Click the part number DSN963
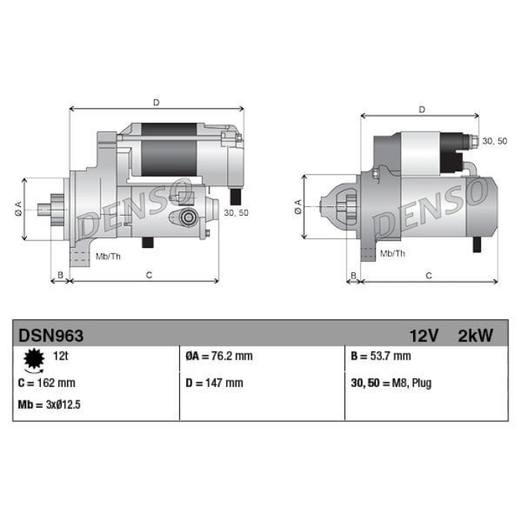point(51,336)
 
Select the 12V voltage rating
point(424,336)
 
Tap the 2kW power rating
point(476,336)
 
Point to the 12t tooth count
point(60,356)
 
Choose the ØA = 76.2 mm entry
point(219,357)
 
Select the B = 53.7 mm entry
point(381,357)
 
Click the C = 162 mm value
point(46,383)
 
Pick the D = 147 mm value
point(214,383)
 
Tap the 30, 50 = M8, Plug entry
point(391,383)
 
